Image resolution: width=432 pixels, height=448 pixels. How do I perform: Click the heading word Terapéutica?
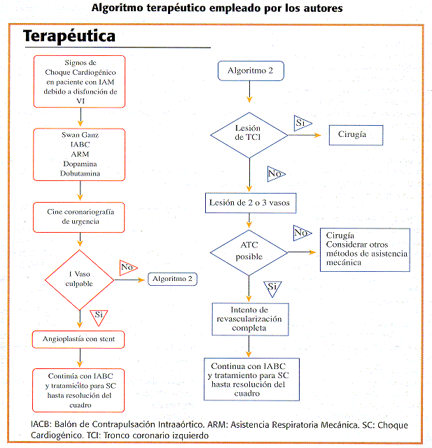coord(69,36)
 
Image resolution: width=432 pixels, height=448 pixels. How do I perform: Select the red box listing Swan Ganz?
coord(79,154)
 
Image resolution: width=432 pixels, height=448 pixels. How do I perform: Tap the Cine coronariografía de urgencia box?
coord(79,217)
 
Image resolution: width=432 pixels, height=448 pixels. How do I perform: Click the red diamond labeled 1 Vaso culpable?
coord(80,280)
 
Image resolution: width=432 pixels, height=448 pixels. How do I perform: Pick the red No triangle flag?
coord(127,268)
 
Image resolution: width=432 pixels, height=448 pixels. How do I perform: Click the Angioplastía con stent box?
coord(78,340)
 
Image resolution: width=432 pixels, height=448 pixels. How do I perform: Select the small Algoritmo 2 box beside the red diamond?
coord(172,279)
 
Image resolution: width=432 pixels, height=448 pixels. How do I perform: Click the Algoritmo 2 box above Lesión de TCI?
coord(251,71)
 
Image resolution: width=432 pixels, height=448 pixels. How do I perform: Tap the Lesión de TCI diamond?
coord(249,135)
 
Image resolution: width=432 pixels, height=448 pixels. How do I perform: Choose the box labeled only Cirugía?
coord(356,135)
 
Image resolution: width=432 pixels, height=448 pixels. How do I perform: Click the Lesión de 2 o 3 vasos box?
coord(251,203)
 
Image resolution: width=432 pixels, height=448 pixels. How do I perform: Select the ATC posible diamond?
coord(249,252)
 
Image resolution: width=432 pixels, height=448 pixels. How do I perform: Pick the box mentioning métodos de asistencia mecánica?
coord(365,250)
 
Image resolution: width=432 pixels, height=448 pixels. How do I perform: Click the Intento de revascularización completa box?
coord(250,319)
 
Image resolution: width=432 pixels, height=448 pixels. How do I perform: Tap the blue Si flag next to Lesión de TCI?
coord(302,123)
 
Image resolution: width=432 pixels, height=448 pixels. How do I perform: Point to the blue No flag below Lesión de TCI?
coord(275,174)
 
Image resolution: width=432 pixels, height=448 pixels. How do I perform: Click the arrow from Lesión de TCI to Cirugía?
coord(305,135)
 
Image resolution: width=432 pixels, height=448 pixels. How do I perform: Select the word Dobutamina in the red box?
coord(80,173)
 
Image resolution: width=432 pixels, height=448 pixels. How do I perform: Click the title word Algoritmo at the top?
coord(117,8)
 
